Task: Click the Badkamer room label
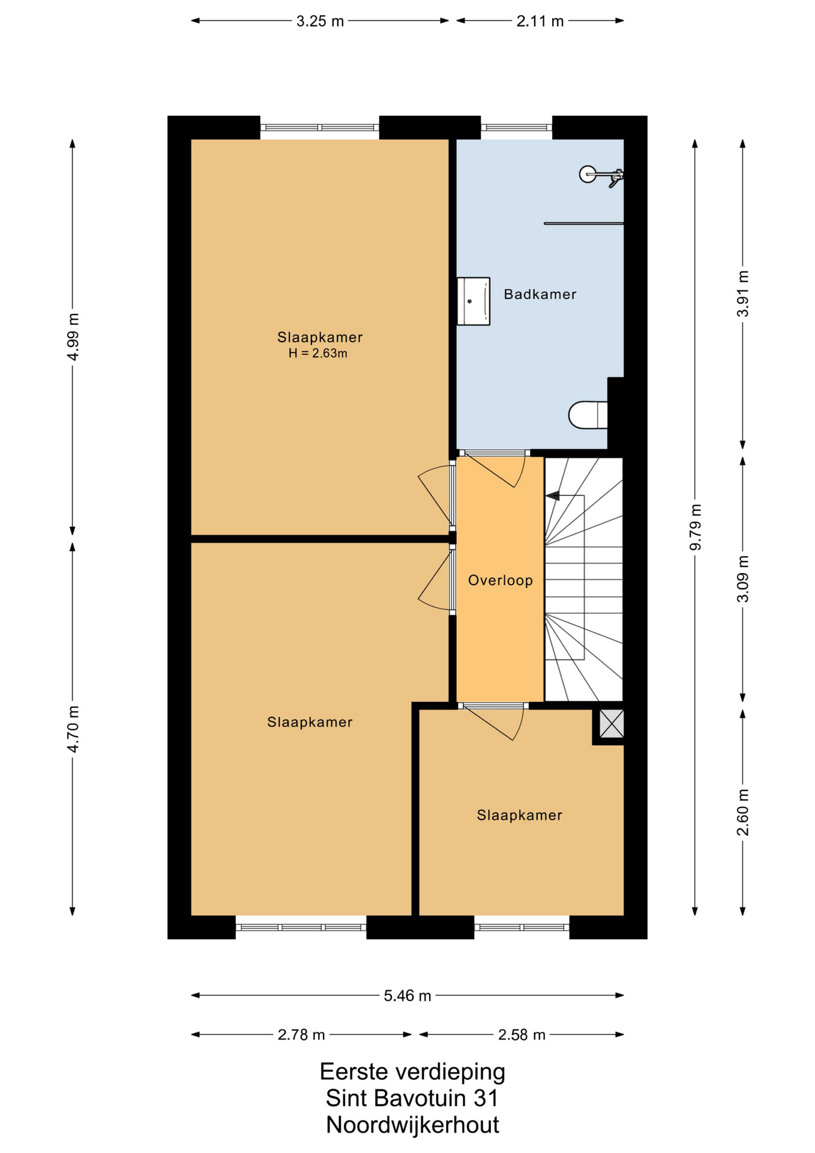point(540,294)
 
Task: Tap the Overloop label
point(500,581)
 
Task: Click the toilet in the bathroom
point(588,415)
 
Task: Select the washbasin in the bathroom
point(474,301)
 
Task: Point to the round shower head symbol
point(588,174)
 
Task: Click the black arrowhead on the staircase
point(552,496)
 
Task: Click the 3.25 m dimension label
point(320,22)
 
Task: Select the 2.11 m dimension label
point(540,22)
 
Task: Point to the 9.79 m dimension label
point(695,527)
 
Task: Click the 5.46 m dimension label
point(407,996)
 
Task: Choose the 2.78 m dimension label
point(301,1035)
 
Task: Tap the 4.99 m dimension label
point(73,337)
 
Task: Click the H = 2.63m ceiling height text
point(317,354)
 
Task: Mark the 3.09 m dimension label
point(743,579)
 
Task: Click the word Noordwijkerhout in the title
point(412,1125)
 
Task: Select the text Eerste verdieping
point(412,1072)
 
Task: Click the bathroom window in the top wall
point(516,127)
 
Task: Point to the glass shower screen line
point(583,223)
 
